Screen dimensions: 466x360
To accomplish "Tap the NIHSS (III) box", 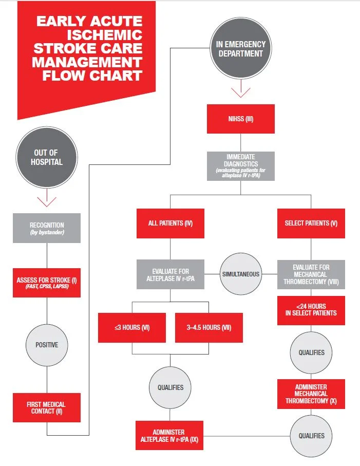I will point(241,119).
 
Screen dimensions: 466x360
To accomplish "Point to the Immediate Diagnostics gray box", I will point(241,166).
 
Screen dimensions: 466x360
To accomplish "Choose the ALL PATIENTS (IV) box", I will point(170,223).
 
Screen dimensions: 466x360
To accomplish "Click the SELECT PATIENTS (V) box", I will point(311,223).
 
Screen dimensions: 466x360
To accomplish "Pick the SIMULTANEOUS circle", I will point(241,274).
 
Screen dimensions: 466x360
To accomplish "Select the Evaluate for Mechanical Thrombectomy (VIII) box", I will point(311,274).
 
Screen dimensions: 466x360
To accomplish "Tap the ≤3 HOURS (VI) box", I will point(131,327).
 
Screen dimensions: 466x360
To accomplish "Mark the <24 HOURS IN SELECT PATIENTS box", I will point(311,310).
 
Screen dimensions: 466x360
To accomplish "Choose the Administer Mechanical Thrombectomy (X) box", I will point(311,394).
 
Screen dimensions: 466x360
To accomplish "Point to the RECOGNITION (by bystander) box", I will point(47,228).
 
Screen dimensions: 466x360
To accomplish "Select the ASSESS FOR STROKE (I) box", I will point(47,282).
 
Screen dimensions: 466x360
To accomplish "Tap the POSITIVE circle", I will point(47,345).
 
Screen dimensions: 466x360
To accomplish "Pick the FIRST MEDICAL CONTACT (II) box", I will point(47,407).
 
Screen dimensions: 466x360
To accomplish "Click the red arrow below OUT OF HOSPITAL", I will point(47,199).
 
